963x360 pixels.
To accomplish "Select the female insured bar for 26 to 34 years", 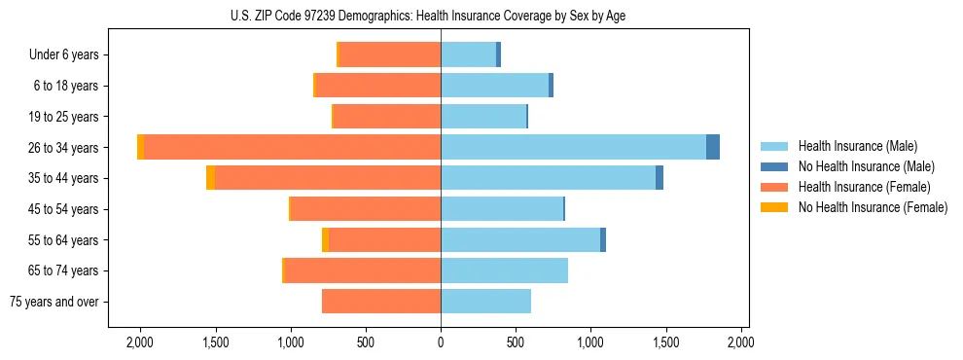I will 292,147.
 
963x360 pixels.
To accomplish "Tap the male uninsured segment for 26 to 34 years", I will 713,147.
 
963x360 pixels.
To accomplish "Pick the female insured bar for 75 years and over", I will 381,302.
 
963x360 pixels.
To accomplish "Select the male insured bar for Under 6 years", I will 468,54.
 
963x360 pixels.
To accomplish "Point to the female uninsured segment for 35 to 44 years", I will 210,178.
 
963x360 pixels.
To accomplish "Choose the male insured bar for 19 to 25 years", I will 482,117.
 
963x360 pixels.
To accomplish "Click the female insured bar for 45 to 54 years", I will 366,209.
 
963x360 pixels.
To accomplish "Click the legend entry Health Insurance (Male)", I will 857,146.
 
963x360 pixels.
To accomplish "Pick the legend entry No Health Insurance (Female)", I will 873,207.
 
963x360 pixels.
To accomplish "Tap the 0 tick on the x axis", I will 441,342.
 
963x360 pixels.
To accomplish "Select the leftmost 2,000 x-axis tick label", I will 140,342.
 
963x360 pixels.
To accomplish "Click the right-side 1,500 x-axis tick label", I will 666,342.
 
